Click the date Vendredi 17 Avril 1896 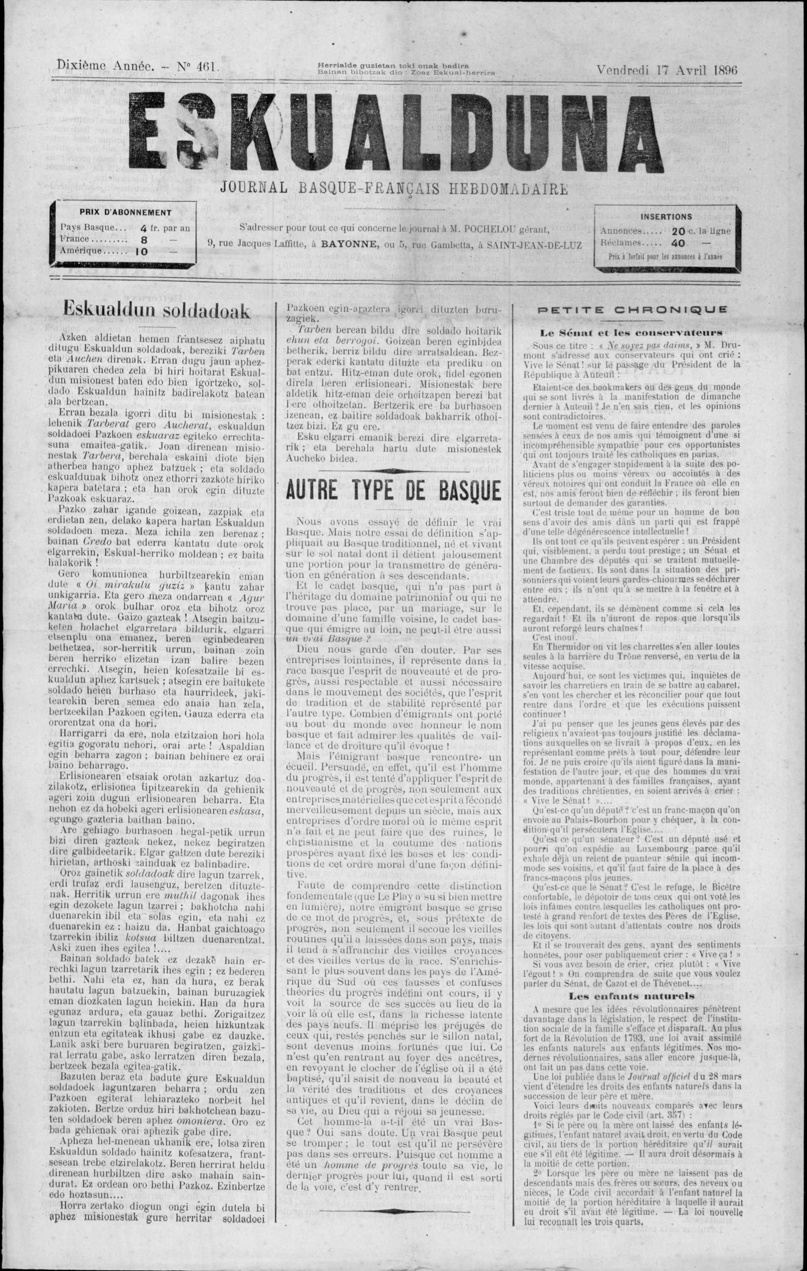(667, 70)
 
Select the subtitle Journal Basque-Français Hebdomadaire (394, 188)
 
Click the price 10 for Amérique (141, 251)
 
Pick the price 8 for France (141, 240)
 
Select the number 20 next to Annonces (678, 231)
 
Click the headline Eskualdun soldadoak (156, 311)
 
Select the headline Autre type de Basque (393, 490)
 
